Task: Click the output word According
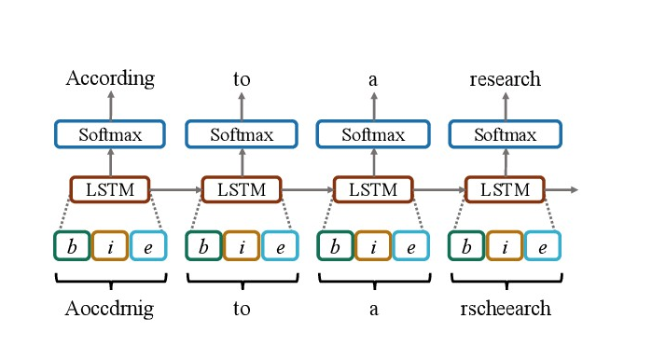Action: coord(110,78)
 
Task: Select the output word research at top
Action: coord(505,78)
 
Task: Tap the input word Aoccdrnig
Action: coord(110,308)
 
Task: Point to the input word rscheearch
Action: coord(505,308)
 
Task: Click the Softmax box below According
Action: coord(110,134)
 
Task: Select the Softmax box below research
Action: coord(505,134)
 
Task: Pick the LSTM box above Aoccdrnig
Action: coord(110,189)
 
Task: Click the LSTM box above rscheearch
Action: coord(505,189)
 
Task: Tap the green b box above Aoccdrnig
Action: coord(72,245)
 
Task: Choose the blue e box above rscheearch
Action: coord(542,245)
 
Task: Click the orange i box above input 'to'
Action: coord(242,245)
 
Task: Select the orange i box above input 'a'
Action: coord(373,245)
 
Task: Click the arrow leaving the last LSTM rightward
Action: coord(562,189)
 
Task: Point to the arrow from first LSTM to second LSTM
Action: coord(176,189)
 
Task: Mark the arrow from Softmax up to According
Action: coord(110,105)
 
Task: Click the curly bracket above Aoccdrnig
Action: coord(110,279)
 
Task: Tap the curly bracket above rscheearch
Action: coord(505,279)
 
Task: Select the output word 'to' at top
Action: coord(242,79)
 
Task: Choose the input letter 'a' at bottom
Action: coord(373,309)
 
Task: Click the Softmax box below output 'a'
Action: coord(373,134)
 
